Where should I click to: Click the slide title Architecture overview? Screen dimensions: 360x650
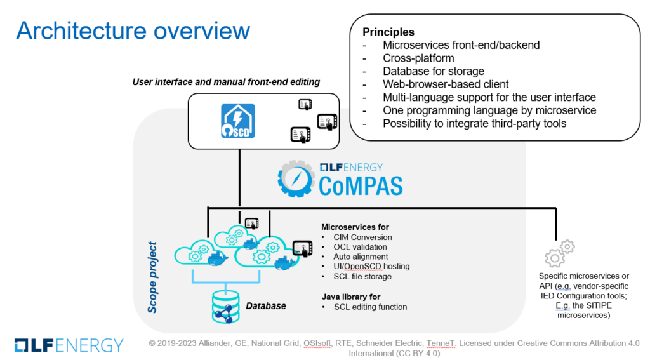pyautogui.click(x=133, y=30)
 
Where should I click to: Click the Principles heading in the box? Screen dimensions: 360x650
pyautogui.click(x=388, y=32)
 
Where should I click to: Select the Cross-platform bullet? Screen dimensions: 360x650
pyautogui.click(x=419, y=58)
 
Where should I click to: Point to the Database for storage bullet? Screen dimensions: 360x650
pyautogui.click(x=434, y=71)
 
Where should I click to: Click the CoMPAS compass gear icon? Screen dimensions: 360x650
pyautogui.click(x=296, y=178)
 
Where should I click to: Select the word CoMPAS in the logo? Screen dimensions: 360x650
pyautogui.click(x=360, y=186)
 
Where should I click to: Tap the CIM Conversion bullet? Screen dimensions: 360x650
pyautogui.click(x=362, y=237)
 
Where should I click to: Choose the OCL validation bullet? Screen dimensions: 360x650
pyautogui.click(x=360, y=247)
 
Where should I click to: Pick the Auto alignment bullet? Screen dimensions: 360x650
pyautogui.click(x=361, y=257)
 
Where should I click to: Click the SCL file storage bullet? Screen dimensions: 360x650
pyautogui.click(x=362, y=276)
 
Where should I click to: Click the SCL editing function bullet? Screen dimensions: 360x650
pyautogui.click(x=370, y=307)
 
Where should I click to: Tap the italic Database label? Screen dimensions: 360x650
pyautogui.click(x=266, y=306)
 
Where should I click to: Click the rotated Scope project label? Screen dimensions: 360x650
pyautogui.click(x=152, y=276)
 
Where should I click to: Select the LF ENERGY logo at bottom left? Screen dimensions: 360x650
pyautogui.click(x=69, y=345)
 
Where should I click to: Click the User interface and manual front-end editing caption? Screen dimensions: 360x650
pyautogui.click(x=225, y=82)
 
